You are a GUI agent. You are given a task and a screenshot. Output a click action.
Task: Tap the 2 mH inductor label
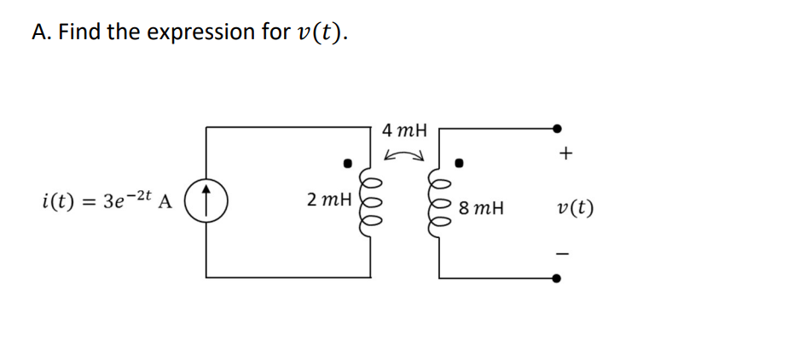pos(329,200)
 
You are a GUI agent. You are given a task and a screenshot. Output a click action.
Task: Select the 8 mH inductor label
pos(480,207)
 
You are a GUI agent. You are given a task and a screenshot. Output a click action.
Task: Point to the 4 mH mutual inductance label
pos(405,131)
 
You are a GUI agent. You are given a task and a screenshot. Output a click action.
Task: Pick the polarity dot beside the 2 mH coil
pos(347,160)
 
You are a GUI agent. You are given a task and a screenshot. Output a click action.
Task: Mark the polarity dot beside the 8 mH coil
pos(459,161)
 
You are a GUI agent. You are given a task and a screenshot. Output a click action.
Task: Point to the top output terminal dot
pos(557,129)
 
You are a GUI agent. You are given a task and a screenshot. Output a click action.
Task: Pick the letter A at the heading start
pos(39,32)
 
